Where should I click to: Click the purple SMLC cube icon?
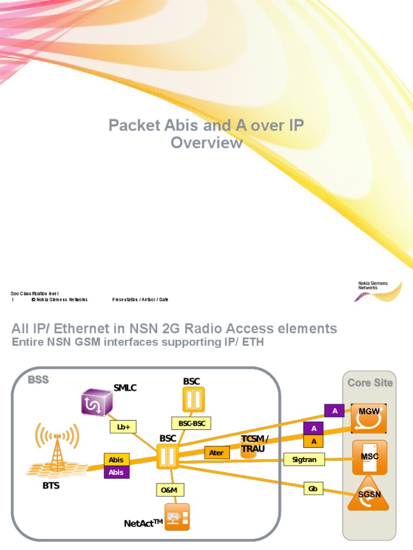coord(97,402)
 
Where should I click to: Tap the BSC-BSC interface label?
coord(191,423)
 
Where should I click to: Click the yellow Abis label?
coord(116,460)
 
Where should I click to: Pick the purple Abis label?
coord(116,472)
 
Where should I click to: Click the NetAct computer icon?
coord(177,517)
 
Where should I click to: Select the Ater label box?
coord(216,453)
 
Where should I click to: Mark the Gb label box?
coord(312,489)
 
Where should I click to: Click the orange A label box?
coord(314,441)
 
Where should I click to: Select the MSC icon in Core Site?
coord(369,457)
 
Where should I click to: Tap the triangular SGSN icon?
coord(369,494)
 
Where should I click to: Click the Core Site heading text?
coord(370,383)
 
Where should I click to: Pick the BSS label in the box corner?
coord(38,380)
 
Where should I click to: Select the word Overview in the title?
coord(206,143)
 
